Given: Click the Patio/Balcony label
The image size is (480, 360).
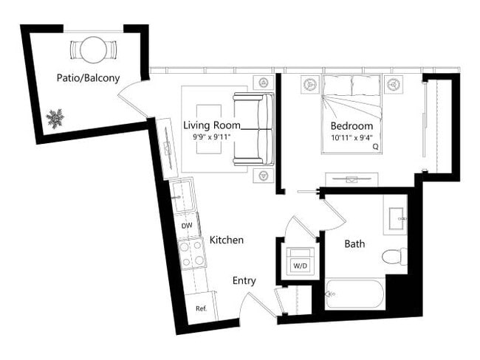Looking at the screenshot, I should point(88,77).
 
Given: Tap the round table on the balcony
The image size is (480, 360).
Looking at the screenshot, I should point(93,50).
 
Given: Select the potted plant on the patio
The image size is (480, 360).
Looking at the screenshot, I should point(54,117).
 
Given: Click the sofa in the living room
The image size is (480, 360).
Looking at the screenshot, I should point(253,128).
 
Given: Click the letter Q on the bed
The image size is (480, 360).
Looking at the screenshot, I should point(375,147).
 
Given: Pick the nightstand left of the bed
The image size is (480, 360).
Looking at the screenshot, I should point(308,85).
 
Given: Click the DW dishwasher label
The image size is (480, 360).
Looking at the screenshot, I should point(187,226).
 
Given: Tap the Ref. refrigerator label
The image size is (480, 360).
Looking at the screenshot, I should point(200,308).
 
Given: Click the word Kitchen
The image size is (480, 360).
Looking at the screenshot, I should point(226,240).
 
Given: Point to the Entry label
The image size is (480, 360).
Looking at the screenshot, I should point(244,280).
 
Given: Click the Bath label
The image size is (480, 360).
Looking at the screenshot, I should point(354,243).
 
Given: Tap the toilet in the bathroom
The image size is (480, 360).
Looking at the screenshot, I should point(394,257).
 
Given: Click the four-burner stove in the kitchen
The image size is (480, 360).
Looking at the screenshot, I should point(192,253).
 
